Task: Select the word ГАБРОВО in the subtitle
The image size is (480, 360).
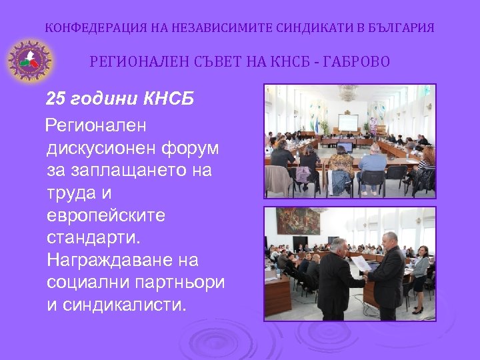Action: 359,63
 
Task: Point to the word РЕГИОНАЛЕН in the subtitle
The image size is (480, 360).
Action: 131,63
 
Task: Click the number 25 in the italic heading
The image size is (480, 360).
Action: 55,100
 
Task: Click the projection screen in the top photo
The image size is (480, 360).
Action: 347,122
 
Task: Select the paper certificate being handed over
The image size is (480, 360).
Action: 361,264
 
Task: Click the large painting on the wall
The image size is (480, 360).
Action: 298,221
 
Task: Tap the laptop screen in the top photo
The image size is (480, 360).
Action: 344,146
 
